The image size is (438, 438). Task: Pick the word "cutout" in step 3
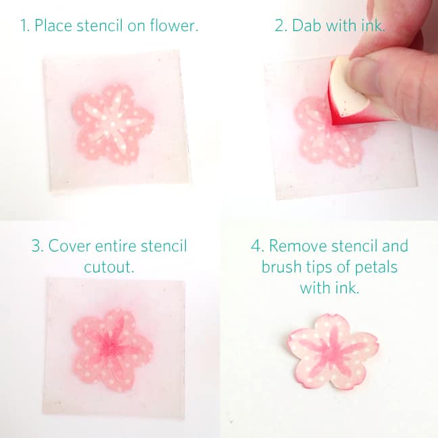[x=109, y=267]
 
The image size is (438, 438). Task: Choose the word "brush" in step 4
[x=283, y=267]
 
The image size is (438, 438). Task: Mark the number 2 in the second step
[x=280, y=27]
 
